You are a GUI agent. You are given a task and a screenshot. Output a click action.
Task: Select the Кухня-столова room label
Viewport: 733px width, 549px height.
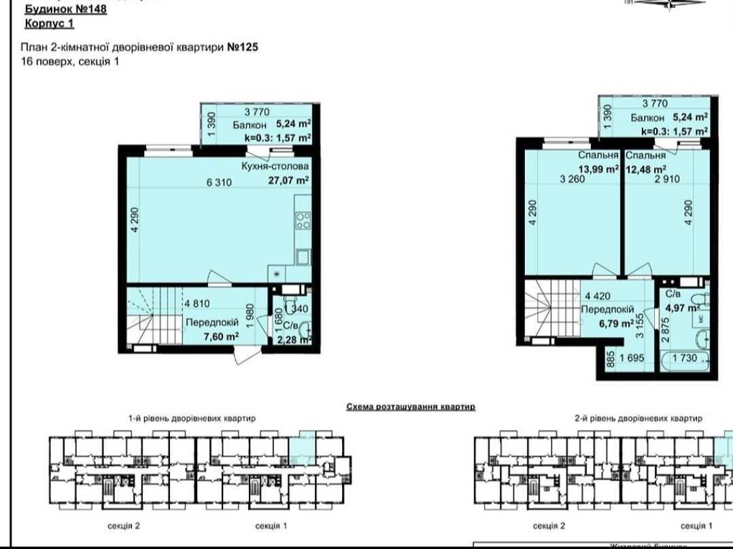point(275,166)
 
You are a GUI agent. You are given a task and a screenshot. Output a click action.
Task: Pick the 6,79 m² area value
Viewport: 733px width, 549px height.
point(616,323)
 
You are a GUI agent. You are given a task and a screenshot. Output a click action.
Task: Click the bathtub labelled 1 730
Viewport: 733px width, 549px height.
point(686,358)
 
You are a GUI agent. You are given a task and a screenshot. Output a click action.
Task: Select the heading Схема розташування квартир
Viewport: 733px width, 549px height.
point(410,406)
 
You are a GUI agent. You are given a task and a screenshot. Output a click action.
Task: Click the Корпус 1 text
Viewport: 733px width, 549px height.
point(49,24)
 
